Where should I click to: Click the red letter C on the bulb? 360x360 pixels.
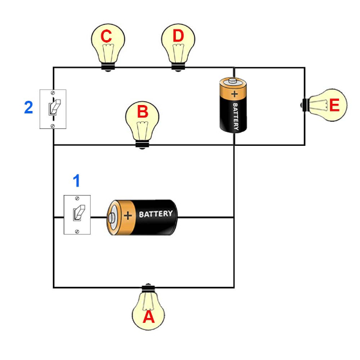[x=106, y=36]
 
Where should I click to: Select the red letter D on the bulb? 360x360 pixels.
[x=178, y=36]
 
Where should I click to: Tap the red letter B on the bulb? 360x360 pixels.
[x=143, y=112]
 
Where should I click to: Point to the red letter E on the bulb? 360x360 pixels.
[x=334, y=105]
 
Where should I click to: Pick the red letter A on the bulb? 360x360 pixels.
[x=149, y=317]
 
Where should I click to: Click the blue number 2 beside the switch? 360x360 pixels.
[x=28, y=107]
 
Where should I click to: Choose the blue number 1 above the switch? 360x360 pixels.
[x=77, y=181]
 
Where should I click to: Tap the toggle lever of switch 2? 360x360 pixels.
[x=55, y=107]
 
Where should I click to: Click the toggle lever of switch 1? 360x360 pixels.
[x=79, y=213]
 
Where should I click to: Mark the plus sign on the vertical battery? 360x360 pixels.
[x=235, y=94]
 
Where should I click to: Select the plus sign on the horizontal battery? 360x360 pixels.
[x=128, y=215]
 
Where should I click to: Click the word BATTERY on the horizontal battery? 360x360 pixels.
[x=155, y=214]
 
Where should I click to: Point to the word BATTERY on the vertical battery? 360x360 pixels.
[x=236, y=116]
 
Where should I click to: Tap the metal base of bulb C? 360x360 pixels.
[x=108, y=67]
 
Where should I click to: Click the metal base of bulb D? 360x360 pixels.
[x=178, y=67]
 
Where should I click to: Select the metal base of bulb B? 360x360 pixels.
[x=142, y=145]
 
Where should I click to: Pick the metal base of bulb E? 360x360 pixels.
[x=305, y=105]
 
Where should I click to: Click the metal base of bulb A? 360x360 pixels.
[x=148, y=288]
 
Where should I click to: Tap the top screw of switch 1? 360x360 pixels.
[x=77, y=198]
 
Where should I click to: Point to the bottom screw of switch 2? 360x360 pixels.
[x=53, y=126]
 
